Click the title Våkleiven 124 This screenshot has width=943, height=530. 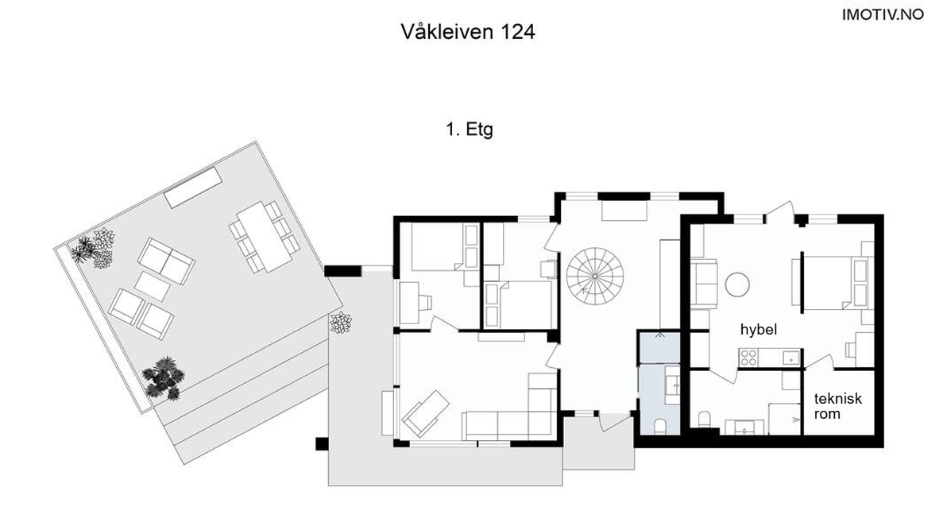pyautogui.click(x=468, y=33)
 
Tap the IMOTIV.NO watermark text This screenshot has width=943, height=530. pyautogui.click(x=883, y=14)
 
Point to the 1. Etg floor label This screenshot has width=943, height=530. pyautogui.click(x=469, y=130)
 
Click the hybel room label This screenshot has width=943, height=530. pyautogui.click(x=758, y=330)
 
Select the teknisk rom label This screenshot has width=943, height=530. pyautogui.click(x=838, y=406)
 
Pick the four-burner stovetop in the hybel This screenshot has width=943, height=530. pyautogui.click(x=748, y=358)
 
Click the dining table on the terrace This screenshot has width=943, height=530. pyautogui.click(x=265, y=236)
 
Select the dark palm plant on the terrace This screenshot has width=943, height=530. pyautogui.click(x=163, y=377)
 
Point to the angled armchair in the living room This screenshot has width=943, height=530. pyautogui.click(x=425, y=411)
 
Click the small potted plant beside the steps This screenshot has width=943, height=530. pyautogui.click(x=341, y=322)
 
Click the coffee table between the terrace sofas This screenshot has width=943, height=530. pyautogui.click(x=152, y=286)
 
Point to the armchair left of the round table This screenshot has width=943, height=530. pyautogui.click(x=705, y=284)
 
